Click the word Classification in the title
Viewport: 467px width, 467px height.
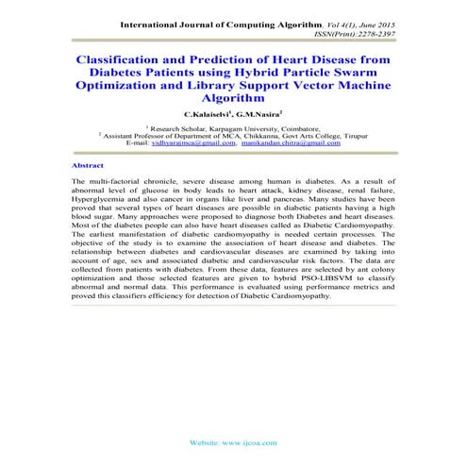click(121, 58)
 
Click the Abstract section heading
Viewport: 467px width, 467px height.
click(88, 164)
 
